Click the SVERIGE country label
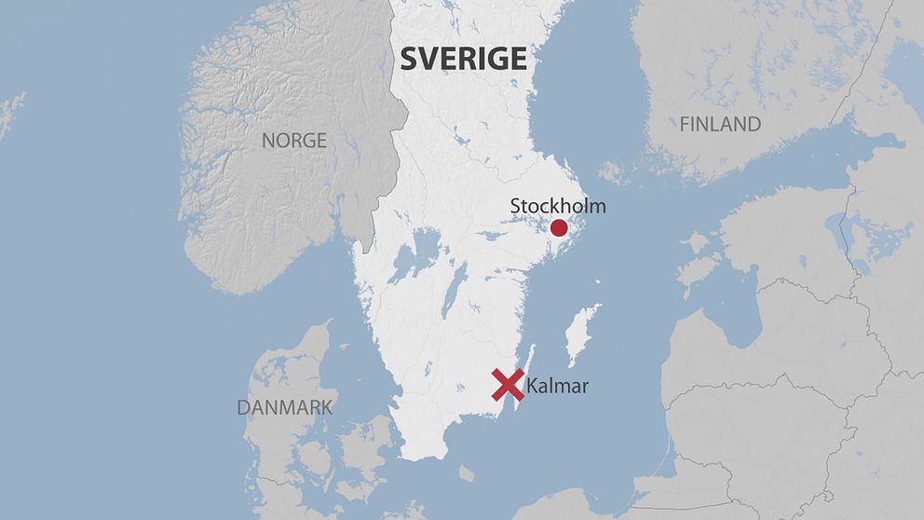coord(463,59)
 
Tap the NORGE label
coord(293,141)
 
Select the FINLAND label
coord(719,124)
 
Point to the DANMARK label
coord(284,407)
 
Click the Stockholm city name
coord(557,206)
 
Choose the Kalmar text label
coord(557,385)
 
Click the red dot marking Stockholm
coord(559,228)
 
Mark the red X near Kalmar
coord(508,385)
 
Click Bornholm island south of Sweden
coord(467,474)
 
